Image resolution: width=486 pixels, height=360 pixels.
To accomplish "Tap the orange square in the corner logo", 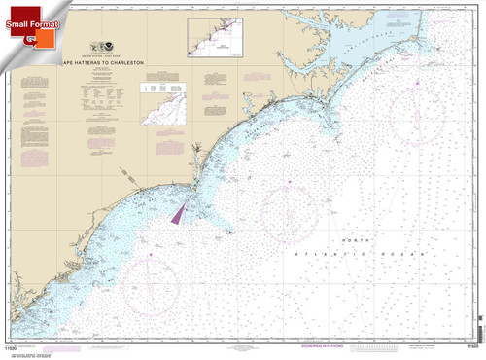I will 42,36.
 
